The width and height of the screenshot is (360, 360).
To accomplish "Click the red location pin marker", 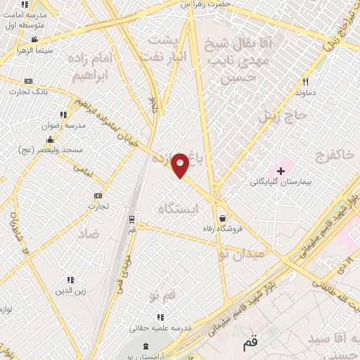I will (x=181, y=165).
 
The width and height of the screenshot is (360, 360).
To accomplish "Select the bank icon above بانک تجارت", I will (x=28, y=82).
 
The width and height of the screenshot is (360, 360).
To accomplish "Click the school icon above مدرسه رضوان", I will (x=63, y=115).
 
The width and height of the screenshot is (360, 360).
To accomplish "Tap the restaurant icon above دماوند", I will (x=304, y=82).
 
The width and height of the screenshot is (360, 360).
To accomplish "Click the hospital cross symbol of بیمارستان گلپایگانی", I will (x=281, y=171).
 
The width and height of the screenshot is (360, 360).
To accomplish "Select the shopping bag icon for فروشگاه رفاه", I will (x=222, y=217).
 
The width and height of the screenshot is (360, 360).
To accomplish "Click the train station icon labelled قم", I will (x=132, y=219).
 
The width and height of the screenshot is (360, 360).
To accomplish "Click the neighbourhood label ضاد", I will (x=89, y=233).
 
